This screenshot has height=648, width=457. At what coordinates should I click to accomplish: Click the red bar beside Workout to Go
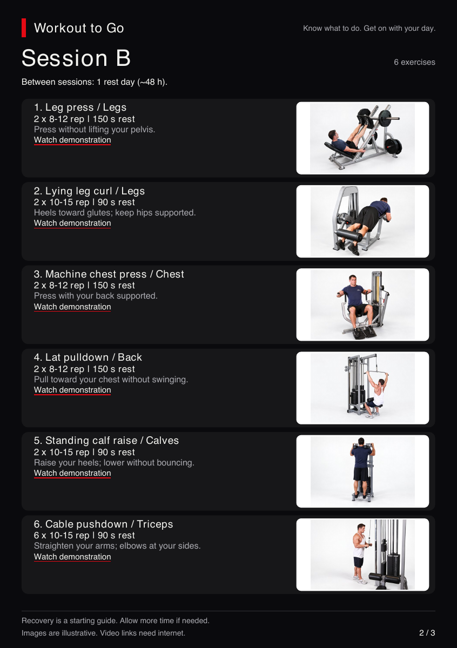coord(24,28)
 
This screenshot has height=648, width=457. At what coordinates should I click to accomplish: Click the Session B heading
coord(76,58)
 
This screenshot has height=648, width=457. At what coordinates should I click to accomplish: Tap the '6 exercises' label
coord(414,62)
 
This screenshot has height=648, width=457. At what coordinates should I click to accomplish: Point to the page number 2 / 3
coord(427,633)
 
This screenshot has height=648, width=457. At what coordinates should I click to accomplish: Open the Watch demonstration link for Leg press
coord(72,140)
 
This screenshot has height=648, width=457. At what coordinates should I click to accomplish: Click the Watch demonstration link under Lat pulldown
coord(72,390)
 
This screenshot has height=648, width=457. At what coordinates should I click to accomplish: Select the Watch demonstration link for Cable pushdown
coord(72,557)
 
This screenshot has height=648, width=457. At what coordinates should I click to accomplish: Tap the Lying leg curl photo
coord(362,221)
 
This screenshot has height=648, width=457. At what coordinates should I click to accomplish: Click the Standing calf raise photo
coord(362,471)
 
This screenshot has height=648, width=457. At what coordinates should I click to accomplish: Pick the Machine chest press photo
coord(362,305)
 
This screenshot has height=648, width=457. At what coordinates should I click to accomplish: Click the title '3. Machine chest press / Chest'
coord(109,274)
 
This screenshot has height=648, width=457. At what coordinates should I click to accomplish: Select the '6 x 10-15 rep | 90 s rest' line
coord(84,536)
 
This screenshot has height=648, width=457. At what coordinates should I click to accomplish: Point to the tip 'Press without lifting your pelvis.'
coord(95,129)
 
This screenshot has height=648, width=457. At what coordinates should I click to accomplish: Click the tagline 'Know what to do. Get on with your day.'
coord(369,28)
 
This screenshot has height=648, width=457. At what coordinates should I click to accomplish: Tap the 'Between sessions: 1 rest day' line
coord(95,82)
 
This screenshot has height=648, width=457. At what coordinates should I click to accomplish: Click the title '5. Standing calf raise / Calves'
coord(106,441)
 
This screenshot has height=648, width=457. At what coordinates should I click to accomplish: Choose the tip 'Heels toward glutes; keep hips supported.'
coord(115,213)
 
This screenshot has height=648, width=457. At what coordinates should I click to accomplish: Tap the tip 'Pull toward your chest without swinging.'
coord(111,380)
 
